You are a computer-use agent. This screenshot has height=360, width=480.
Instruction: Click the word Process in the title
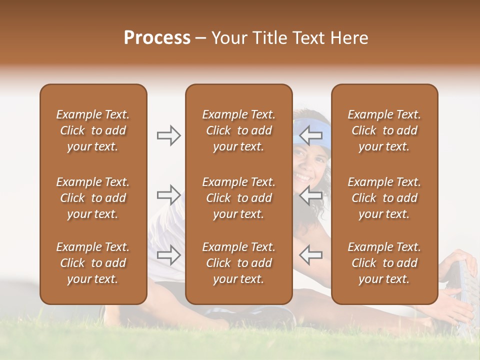pos(157,38)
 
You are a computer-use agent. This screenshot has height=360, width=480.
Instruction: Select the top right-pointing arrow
pos(168,135)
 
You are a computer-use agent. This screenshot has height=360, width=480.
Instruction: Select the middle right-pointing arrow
pos(168,194)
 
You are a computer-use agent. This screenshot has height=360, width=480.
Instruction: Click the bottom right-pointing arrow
pos(168,254)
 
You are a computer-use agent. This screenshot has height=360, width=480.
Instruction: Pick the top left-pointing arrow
pos(311,135)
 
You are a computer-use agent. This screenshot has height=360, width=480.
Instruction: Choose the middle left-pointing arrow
pos(311,194)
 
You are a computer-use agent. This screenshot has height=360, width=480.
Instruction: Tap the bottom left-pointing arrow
pos(311,254)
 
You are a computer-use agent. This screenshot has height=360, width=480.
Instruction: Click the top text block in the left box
pos(93,130)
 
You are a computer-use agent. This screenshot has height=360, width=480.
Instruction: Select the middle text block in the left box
pos(93,198)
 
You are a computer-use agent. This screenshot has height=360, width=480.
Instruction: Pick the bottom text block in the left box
pos(93,263)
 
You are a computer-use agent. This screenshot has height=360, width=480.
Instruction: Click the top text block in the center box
pos(239,130)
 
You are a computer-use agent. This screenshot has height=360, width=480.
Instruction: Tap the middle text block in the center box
pos(239,198)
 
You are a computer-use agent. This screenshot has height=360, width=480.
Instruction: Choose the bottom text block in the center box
pos(239,263)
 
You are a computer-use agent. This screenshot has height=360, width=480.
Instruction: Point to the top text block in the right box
pos(384,130)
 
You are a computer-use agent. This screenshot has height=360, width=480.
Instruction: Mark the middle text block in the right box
pos(384,198)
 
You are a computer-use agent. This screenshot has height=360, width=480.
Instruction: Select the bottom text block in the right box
pos(384,263)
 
